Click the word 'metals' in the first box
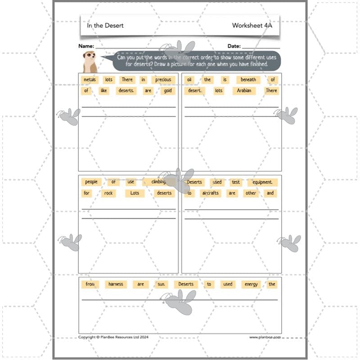(90, 80)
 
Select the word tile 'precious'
(163, 80)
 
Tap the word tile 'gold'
(167, 90)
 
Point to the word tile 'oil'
(189, 80)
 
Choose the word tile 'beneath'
(248, 80)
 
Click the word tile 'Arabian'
(244, 90)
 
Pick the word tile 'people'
(91, 182)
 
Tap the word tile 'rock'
(109, 193)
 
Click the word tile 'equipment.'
(262, 182)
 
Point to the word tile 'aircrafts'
(210, 193)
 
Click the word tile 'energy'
(251, 284)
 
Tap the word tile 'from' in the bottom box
(90, 284)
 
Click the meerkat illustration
(90, 61)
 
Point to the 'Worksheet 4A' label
(252, 26)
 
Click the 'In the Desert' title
(105, 26)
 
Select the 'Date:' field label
(234, 46)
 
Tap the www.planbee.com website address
(265, 337)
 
